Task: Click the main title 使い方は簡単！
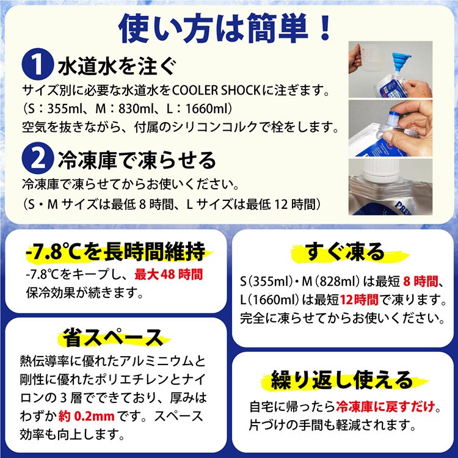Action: [224, 28]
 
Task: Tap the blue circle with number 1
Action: [37, 64]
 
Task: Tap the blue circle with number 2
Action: [37, 158]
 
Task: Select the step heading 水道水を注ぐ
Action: [117, 66]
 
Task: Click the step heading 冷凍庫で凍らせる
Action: [137, 160]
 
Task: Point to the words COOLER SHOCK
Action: [216, 90]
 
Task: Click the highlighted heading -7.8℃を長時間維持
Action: [115, 251]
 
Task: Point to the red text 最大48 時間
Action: [169, 275]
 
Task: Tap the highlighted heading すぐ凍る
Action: [344, 252]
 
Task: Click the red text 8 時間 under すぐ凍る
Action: [421, 282]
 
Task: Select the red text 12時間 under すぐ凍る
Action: [359, 300]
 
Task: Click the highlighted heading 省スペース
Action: [113, 337]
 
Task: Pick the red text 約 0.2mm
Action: [87, 416]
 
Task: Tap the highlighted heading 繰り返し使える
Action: [342, 380]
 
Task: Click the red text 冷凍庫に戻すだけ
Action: [385, 407]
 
